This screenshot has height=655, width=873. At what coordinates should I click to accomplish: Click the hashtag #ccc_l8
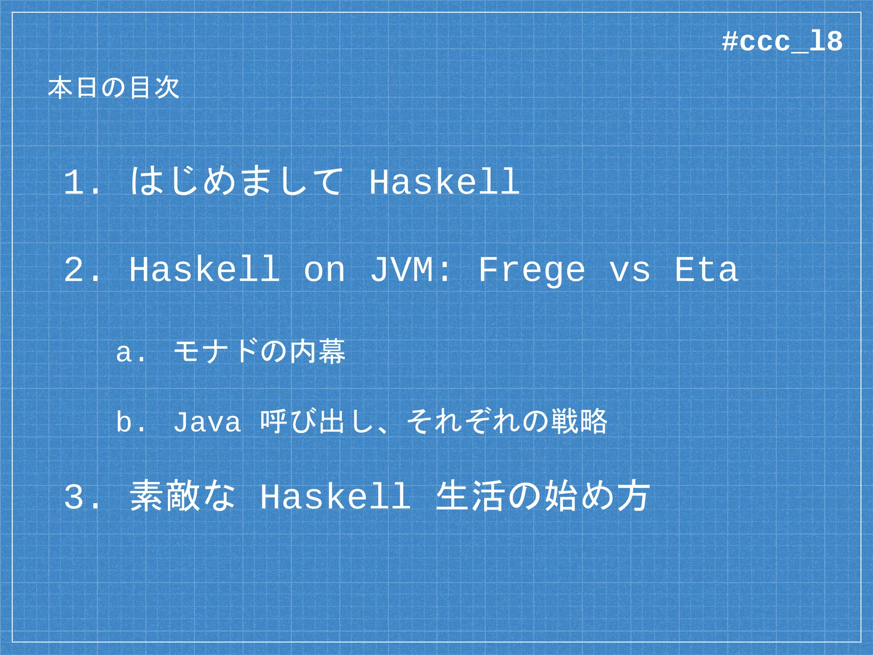pyautogui.click(x=782, y=42)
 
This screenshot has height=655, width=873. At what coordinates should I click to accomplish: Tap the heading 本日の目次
pyautogui.click(x=113, y=88)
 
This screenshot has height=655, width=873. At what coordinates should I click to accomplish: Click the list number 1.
pyautogui.click(x=81, y=183)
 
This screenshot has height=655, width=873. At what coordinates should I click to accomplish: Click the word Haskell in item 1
pyautogui.click(x=445, y=183)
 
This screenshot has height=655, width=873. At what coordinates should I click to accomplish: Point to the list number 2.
pyautogui.click(x=81, y=270)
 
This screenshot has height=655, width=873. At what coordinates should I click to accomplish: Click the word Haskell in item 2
pyautogui.click(x=205, y=270)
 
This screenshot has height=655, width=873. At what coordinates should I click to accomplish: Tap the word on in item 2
pyautogui.click(x=324, y=271)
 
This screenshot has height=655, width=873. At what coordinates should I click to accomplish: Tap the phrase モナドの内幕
pyautogui.click(x=260, y=352)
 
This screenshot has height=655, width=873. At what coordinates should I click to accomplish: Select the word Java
pyautogui.click(x=207, y=422)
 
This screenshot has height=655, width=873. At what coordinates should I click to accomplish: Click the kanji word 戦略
pyautogui.click(x=579, y=421)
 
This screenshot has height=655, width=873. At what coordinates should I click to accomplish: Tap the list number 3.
pyautogui.click(x=81, y=497)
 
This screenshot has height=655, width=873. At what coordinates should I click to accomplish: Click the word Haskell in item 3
pyautogui.click(x=335, y=497)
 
